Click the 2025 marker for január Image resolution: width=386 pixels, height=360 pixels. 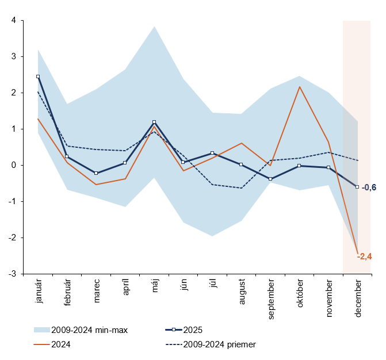[x=38, y=76]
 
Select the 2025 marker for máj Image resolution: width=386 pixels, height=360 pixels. [x=154, y=122]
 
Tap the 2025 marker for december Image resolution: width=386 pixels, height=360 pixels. [x=357, y=187]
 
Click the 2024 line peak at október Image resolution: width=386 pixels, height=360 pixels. [x=300, y=87]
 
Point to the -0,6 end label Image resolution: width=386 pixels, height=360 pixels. [x=369, y=187]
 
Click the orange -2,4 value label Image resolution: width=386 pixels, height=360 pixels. [x=365, y=256]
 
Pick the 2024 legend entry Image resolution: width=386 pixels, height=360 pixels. [x=61, y=344]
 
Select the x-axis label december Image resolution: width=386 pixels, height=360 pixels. [x=358, y=298]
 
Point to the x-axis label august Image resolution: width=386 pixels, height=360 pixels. [x=242, y=294]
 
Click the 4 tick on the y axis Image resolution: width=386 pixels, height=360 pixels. [x=13, y=21]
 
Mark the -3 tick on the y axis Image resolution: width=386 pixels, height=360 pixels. [x=12, y=274]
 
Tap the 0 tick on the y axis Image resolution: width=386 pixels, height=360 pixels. [x=13, y=165]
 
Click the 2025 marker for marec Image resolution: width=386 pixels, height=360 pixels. [x=96, y=173]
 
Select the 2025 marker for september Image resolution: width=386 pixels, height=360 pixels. [x=270, y=179]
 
